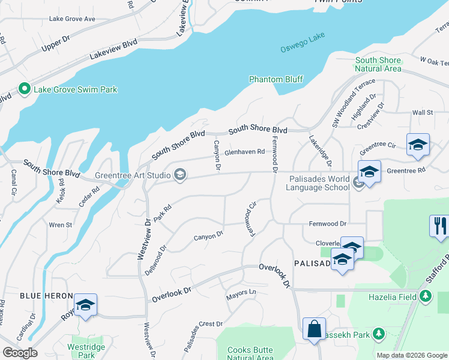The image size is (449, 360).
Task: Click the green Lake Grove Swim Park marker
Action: pos(25,89)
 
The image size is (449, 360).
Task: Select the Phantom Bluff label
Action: pos(276,79)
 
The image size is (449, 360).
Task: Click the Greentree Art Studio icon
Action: pos(179,175)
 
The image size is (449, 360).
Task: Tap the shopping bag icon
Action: pos(314,328)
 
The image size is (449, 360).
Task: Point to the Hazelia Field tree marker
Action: pos(426,296)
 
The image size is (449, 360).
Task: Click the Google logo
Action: pos(19,352)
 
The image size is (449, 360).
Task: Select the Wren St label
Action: pos(61,225)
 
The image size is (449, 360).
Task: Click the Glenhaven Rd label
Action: pos(244,152)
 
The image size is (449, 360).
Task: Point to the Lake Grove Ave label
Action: pos(72,19)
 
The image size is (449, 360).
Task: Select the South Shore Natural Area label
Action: pos(378,64)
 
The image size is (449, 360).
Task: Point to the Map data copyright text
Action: pos(412,355)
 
